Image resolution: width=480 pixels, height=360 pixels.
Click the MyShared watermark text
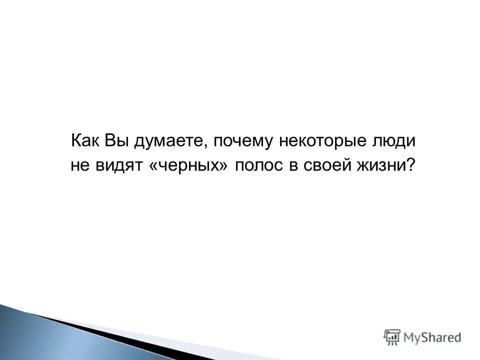pyautogui.click(x=432, y=337)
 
